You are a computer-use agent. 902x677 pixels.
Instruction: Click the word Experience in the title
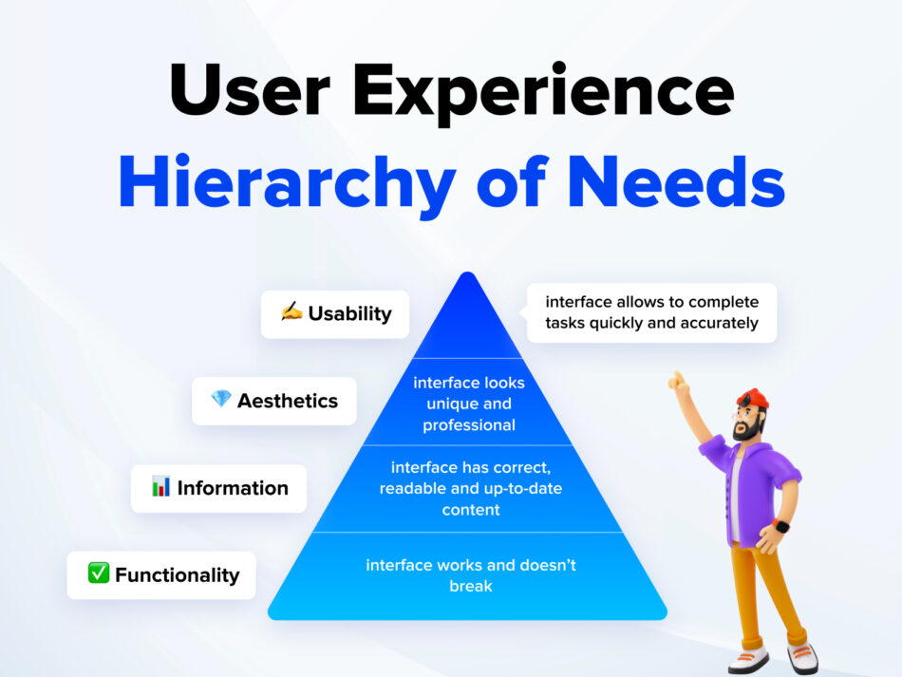coord(543,92)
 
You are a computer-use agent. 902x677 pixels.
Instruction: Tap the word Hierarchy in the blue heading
coord(287,184)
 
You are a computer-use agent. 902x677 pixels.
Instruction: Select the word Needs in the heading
coord(676,180)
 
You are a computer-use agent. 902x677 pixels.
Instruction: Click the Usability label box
coord(335,314)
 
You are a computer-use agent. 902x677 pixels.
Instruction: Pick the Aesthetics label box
coord(274,401)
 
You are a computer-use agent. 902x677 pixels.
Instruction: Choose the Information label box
coord(218,488)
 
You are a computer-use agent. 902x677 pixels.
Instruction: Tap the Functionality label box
coord(161,575)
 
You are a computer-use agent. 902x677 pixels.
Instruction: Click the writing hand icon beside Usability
coord(291,311)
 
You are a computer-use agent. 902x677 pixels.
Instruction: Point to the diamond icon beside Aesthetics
coord(221,398)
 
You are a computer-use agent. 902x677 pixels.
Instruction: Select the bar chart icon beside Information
coord(161,486)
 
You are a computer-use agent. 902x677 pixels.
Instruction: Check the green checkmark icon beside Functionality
coord(99,573)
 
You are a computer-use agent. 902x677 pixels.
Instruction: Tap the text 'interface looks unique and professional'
coord(469,404)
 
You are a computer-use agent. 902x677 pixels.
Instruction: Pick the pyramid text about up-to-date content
coord(471,488)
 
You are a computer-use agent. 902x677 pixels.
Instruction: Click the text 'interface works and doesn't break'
coord(471,575)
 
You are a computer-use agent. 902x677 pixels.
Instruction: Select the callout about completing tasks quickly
coord(651,312)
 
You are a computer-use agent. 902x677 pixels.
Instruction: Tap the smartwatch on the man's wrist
coord(780,526)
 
